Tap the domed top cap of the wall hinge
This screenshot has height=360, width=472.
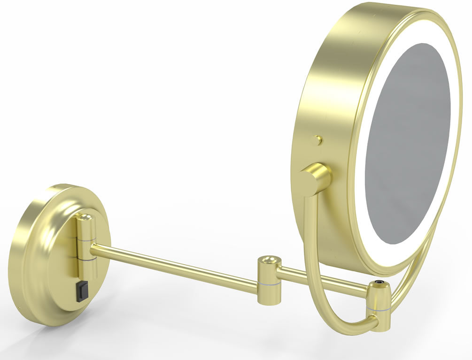pyautogui.click(x=84, y=218)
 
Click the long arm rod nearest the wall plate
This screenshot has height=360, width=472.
pyautogui.click(x=174, y=266)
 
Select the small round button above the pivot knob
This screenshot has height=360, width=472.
pyautogui.click(x=319, y=139)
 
